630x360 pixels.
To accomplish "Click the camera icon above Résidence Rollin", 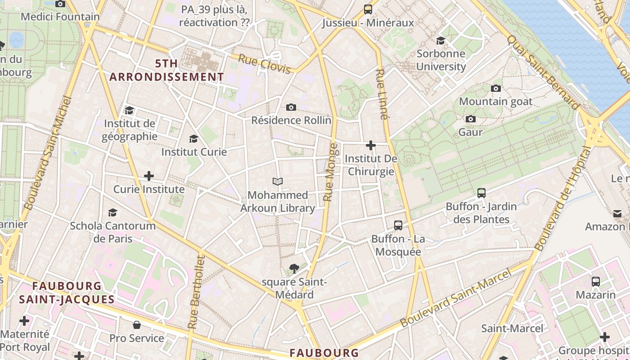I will click(291, 107).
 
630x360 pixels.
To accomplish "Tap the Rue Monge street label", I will click(331, 172).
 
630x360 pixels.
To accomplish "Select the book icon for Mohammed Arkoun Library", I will click(278, 182).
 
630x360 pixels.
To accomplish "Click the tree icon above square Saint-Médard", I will click(294, 269).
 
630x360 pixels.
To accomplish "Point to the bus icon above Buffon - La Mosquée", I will click(398, 225).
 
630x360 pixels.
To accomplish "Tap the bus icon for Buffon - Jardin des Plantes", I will click(481, 193).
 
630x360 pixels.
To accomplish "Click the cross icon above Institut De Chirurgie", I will click(371, 145).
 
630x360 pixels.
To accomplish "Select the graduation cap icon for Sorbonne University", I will click(441, 40).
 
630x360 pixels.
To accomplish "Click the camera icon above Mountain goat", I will click(496, 88).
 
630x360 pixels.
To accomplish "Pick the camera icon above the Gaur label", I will click(471, 119).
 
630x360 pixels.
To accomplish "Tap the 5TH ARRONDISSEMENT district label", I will click(166, 70).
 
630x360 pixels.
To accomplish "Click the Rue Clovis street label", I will click(264, 63).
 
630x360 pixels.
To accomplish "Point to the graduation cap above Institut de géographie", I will click(130, 110).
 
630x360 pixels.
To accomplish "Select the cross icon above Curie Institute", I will click(149, 176).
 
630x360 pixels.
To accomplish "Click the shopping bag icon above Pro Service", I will click(137, 325).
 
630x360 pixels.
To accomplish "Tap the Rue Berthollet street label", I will click(196, 292).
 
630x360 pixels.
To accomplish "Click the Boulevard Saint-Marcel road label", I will click(457, 298).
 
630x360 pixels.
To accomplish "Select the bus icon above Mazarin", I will click(596, 282).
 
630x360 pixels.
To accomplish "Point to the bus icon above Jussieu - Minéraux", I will click(368, 9).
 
